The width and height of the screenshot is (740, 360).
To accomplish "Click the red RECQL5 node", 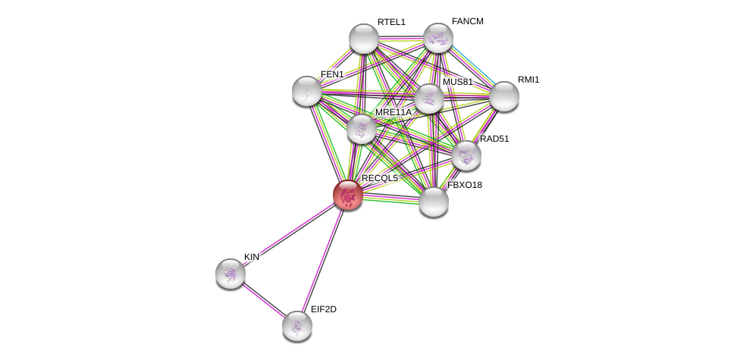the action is [x=348, y=195].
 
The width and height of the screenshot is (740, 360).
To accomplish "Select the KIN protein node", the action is [x=230, y=274].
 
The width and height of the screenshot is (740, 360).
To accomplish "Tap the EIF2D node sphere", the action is [x=297, y=326].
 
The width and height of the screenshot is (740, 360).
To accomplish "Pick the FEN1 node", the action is [x=307, y=91].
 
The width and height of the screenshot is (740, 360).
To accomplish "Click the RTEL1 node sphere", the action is [x=364, y=38].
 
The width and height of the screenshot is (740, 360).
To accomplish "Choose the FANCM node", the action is [x=438, y=38].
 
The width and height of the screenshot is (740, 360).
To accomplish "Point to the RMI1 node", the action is [x=504, y=96].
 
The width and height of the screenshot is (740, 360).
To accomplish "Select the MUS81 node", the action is [x=429, y=99].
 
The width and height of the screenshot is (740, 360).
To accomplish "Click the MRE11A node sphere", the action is [x=362, y=129].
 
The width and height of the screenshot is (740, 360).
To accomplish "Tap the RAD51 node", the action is [x=466, y=155].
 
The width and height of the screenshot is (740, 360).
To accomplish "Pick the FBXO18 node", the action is [x=434, y=202].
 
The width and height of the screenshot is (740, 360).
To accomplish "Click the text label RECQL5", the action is [x=379, y=178].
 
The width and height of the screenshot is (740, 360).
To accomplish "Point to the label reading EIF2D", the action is [x=324, y=309].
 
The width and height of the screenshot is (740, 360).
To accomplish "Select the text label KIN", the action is [x=252, y=257].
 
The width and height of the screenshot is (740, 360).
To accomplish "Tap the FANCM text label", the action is [x=468, y=21].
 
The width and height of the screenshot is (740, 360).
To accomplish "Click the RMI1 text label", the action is [x=528, y=80].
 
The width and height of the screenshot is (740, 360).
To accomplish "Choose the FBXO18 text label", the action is [x=465, y=185].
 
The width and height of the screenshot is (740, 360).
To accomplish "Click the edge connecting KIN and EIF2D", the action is [x=264, y=299].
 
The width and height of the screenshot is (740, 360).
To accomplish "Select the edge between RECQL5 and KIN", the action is [x=290, y=234].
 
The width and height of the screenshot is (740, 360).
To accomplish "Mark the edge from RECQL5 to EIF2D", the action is [x=323, y=261].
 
